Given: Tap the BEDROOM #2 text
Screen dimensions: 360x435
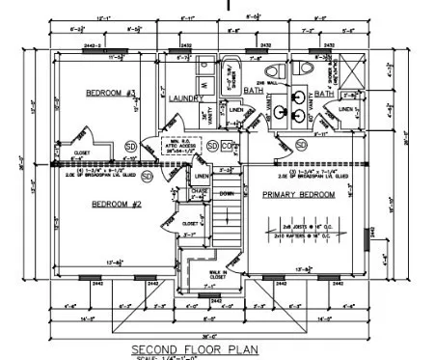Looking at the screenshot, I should coord(117,204).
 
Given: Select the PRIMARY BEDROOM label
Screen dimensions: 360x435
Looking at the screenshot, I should coord(299,195).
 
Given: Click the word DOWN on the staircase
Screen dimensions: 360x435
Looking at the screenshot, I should coord(227,193).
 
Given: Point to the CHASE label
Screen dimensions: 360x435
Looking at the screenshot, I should coord(200,192).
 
